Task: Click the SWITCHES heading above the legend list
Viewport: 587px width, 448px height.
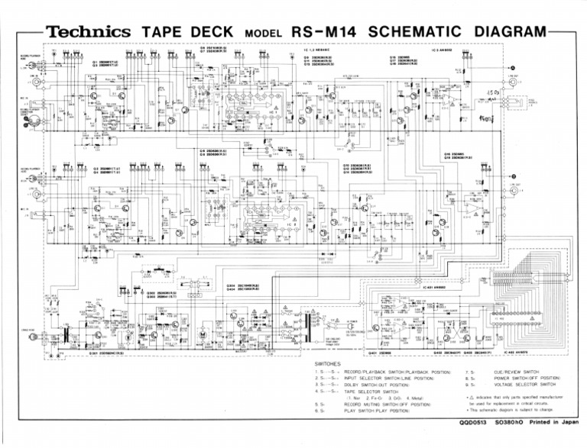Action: [332, 364]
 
